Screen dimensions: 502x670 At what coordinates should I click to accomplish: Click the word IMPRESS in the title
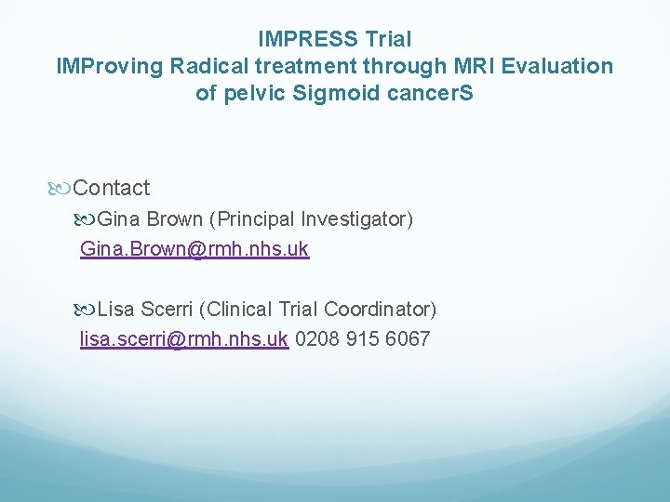pyautogui.click(x=305, y=39)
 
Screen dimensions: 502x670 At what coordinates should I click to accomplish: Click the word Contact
pyautogui.click(x=111, y=188)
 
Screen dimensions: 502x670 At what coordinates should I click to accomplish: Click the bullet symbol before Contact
pyautogui.click(x=61, y=189)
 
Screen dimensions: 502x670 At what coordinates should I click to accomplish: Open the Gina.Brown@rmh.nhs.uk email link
pyautogui.click(x=194, y=249)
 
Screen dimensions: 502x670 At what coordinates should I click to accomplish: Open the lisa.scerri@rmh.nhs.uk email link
pyautogui.click(x=183, y=338)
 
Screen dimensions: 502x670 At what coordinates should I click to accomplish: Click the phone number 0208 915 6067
pyautogui.click(x=362, y=338)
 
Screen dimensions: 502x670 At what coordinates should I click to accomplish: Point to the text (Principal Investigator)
pyautogui.click(x=311, y=219)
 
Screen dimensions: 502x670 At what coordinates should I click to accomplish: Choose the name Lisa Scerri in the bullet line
pyautogui.click(x=145, y=309)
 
